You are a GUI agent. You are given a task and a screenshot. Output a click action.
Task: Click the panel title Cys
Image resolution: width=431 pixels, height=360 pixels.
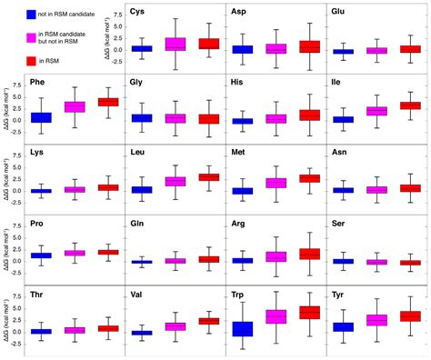point(140,12)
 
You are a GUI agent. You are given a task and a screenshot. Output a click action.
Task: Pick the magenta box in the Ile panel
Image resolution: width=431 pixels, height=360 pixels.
point(376,111)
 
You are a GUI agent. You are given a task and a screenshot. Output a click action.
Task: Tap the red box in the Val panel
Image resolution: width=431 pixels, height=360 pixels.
point(208,321)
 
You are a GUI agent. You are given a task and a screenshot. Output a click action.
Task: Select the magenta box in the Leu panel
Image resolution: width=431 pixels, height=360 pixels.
point(175,181)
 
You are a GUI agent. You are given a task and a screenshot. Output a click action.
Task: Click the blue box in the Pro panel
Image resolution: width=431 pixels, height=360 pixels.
point(41,255)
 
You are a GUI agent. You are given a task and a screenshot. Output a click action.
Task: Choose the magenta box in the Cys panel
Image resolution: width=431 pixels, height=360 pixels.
point(175,44)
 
